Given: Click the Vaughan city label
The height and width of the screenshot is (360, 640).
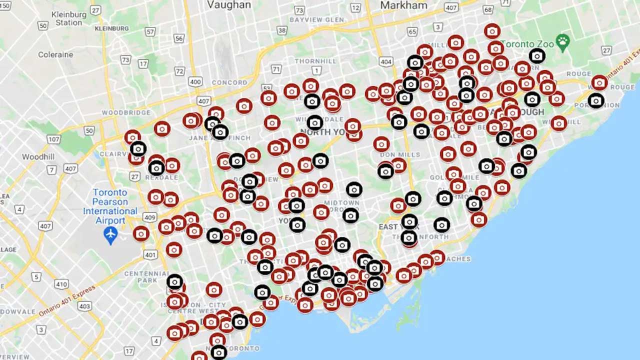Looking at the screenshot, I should tap(229, 5).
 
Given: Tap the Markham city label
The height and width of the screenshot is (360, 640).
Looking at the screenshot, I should tap(403, 5).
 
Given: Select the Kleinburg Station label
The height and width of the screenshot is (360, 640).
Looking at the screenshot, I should tap(69, 18).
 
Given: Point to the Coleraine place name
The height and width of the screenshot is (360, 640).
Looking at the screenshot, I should tap(55, 54).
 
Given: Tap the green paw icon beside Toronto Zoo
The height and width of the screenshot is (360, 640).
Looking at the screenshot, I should tap(563, 42).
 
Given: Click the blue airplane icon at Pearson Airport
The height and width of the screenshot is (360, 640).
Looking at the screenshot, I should tap(110, 234).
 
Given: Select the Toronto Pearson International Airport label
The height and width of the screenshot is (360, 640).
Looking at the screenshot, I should tap(110, 206).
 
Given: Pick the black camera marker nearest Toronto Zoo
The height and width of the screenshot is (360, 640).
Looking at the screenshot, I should tap(537, 56).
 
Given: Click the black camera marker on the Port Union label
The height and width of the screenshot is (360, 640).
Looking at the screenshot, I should tap(595, 101).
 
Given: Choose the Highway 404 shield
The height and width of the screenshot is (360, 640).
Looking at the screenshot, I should tap(385, 61).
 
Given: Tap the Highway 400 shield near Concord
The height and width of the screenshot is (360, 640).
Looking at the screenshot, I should tap(196, 81).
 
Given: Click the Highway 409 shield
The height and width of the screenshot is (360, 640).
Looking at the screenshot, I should tap(149, 217).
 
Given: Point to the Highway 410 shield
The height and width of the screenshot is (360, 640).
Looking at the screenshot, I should tap(61, 284).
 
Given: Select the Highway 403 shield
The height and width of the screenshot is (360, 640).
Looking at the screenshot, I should tap(84, 305).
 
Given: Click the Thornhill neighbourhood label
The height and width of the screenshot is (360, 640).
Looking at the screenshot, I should tap(315, 61).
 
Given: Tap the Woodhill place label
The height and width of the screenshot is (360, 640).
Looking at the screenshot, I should tap(38, 157).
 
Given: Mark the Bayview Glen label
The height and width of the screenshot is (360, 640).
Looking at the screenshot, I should tap(316, 19).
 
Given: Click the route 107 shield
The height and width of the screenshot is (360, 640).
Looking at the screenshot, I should tap(53, 139).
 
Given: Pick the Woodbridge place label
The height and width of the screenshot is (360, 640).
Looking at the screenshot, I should tap(126, 112).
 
